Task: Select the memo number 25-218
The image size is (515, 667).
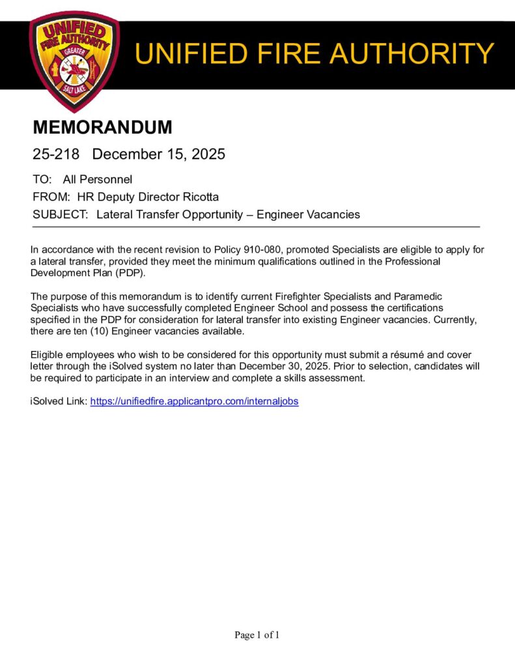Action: [x=56, y=154]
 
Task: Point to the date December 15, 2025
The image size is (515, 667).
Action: [x=158, y=154]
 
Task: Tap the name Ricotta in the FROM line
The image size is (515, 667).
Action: [x=200, y=197]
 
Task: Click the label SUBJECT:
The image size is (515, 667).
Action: [x=61, y=214]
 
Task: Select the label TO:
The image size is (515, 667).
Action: [x=42, y=179]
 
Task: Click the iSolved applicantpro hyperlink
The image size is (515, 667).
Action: [x=194, y=402]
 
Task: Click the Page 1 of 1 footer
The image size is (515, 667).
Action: [x=257, y=635]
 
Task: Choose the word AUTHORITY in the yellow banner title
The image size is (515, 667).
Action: [x=417, y=53]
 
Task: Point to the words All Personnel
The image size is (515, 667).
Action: [x=98, y=179]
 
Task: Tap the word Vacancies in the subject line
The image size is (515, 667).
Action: [x=336, y=214]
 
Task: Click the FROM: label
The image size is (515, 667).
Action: [x=51, y=197]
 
